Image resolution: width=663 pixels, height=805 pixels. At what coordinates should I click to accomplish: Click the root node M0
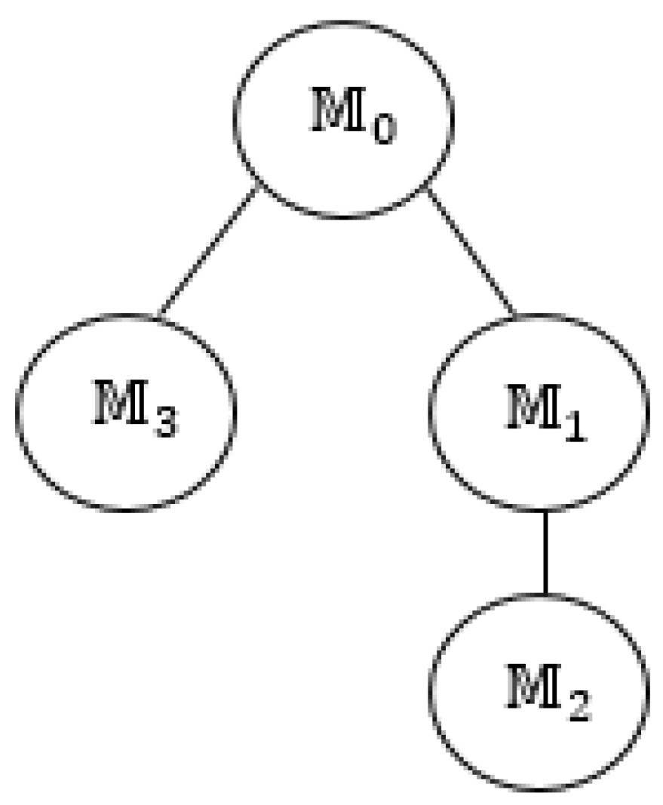(x=345, y=119)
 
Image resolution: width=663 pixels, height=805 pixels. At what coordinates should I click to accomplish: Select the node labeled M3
(x=126, y=412)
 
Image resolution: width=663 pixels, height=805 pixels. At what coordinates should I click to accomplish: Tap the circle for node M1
(x=539, y=412)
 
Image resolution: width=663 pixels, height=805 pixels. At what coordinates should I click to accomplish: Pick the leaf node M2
(x=539, y=690)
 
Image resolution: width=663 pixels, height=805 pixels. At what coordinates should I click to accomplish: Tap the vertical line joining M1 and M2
(x=545, y=551)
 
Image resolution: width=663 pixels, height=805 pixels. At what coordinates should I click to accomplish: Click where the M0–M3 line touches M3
(x=158, y=315)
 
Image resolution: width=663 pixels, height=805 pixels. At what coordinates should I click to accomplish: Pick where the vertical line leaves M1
(x=545, y=510)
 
